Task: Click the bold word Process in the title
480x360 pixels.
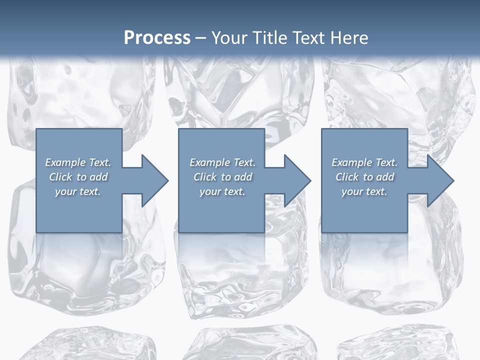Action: pos(157,38)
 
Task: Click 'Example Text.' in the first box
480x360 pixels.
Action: pos(78,162)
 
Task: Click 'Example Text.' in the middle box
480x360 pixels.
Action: pos(222,162)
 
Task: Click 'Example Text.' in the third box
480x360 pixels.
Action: pos(364,162)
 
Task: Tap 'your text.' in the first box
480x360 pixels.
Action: pos(78,191)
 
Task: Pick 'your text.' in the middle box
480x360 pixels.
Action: pos(222,191)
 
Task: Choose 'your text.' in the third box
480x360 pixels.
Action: pos(364,191)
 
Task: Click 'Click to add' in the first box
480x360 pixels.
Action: pos(78,177)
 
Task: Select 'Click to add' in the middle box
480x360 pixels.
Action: pos(222,177)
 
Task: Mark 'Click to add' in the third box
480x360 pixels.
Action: pos(364,177)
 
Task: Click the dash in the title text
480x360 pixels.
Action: pos(201,38)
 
